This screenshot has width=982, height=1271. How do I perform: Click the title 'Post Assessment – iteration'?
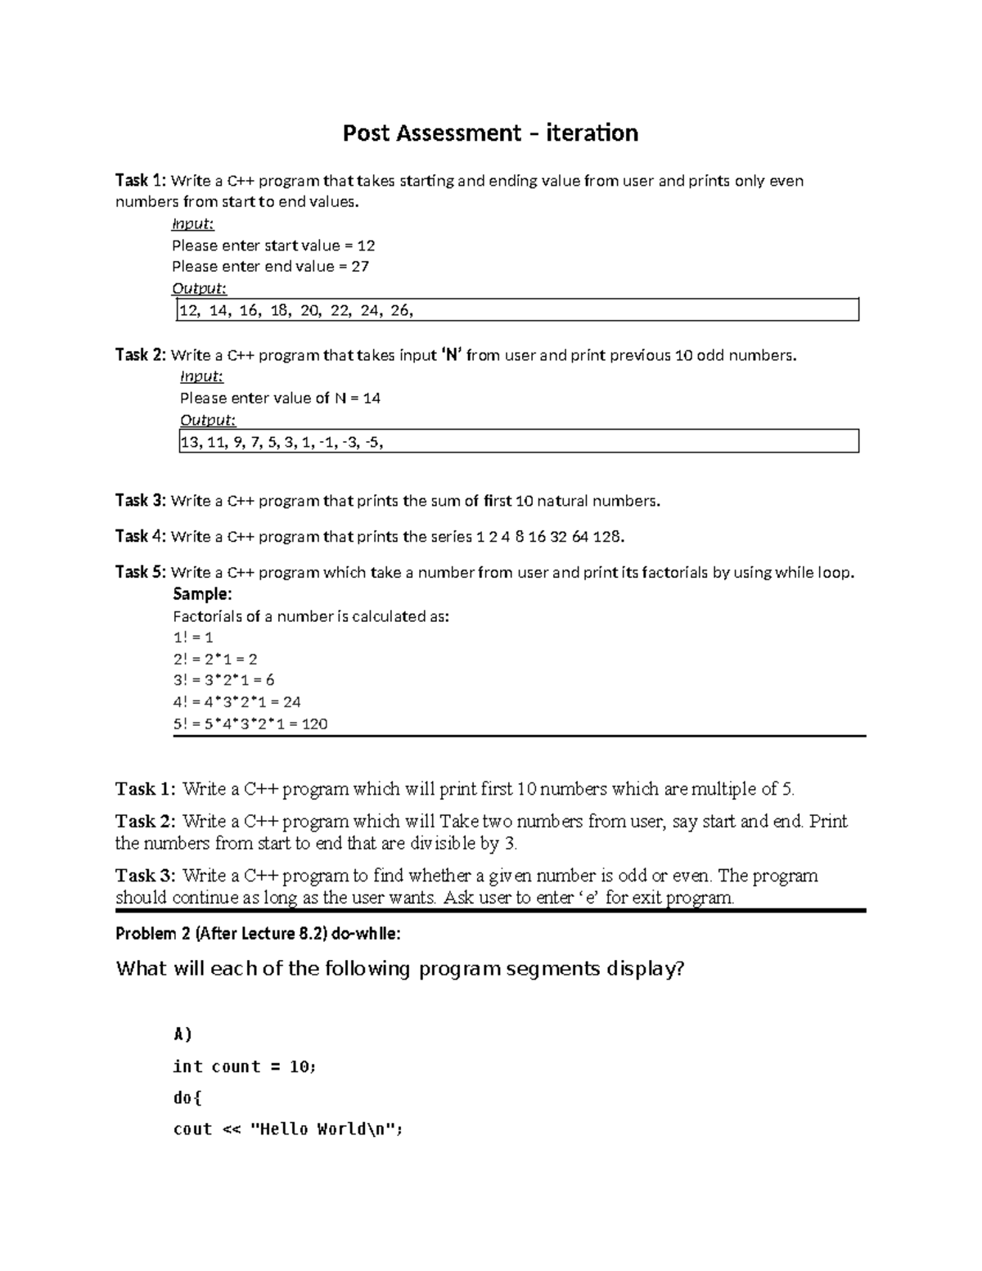pos(490,133)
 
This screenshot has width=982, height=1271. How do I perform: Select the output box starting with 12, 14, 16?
pos(517,310)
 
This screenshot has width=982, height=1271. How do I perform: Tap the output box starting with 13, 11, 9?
pos(517,442)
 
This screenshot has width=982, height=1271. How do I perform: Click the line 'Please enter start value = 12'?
pos(273,246)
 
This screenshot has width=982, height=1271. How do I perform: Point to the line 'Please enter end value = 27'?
pos(270,267)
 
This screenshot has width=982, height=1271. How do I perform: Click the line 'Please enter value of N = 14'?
pos(280,399)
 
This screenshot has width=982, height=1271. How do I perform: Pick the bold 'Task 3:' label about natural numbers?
pos(141,501)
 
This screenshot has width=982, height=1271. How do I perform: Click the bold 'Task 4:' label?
pos(141,537)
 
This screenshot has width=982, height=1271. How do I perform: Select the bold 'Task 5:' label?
pos(141,572)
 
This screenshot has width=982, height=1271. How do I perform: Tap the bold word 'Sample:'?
pos(202,594)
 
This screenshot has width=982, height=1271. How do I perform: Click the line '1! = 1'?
pos(193,638)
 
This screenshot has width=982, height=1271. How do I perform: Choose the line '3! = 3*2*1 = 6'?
pos(223,680)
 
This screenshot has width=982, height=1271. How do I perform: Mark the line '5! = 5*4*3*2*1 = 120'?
pos(250,723)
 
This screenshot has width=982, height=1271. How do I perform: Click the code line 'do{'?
pos(187,1097)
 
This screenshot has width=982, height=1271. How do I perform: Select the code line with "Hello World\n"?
pos(289,1129)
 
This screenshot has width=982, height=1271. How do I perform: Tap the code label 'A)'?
pos(182,1034)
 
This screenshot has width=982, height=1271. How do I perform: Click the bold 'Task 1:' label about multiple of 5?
pos(145,790)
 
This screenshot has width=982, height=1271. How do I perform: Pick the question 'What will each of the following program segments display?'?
pos(399,969)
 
